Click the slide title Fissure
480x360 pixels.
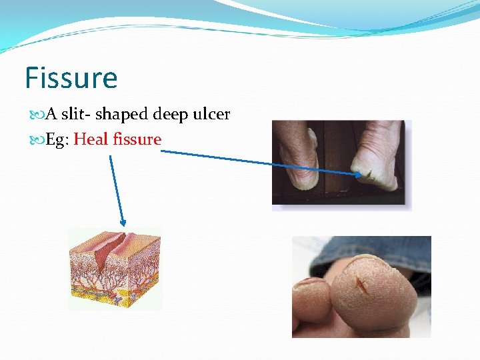coord(71,78)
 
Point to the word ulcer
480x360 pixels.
coord(211,115)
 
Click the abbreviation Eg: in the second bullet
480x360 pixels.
coord(58,139)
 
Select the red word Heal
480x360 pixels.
coord(91,139)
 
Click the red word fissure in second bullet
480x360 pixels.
coord(137,139)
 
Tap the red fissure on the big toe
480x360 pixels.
coord(362,287)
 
